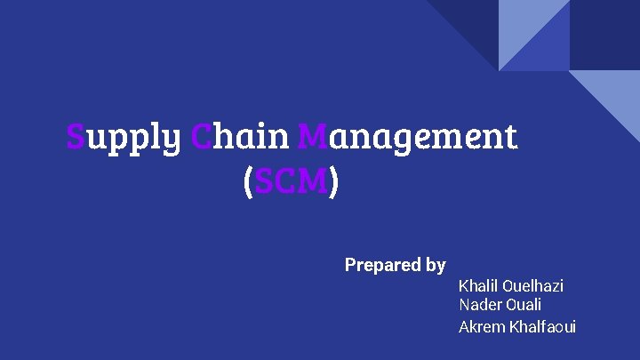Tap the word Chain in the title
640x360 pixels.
pyautogui.click(x=239, y=137)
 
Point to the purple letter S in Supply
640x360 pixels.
pyautogui.click(x=76, y=137)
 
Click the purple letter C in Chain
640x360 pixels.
pyautogui.click(x=201, y=137)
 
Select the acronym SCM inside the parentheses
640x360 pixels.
pyautogui.click(x=290, y=182)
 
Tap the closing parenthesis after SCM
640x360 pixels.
pyautogui.click(x=333, y=183)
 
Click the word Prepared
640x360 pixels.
pyautogui.click(x=382, y=265)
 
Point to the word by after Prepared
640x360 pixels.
pyautogui.click(x=436, y=266)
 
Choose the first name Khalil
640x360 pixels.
pyautogui.click(x=478, y=286)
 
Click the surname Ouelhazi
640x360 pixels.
pyautogui.click(x=532, y=286)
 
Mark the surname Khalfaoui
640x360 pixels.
pyautogui.click(x=542, y=327)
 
